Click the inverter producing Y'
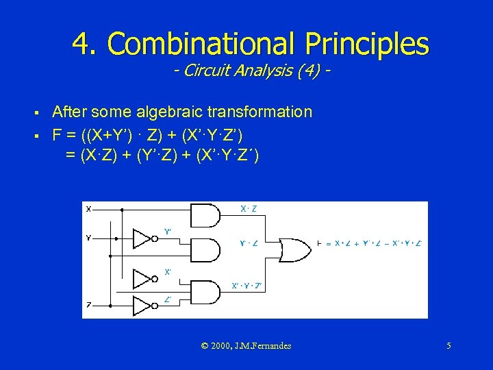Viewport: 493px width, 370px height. click(x=142, y=238)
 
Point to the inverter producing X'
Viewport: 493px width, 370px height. click(x=142, y=278)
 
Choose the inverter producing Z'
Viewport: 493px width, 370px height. click(x=142, y=304)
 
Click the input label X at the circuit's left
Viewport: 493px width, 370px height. click(x=88, y=209)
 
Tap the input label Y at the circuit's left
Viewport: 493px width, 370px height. click(x=88, y=238)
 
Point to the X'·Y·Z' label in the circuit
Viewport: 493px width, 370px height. click(x=246, y=285)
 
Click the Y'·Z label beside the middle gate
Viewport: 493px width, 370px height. click(x=249, y=243)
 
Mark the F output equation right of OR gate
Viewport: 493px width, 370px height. click(x=370, y=243)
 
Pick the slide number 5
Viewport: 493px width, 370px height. click(x=448, y=346)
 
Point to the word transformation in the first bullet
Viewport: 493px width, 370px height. click(x=263, y=111)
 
